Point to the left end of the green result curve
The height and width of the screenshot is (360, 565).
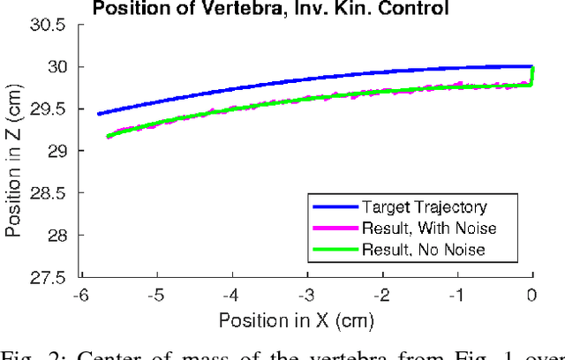[108, 137]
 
